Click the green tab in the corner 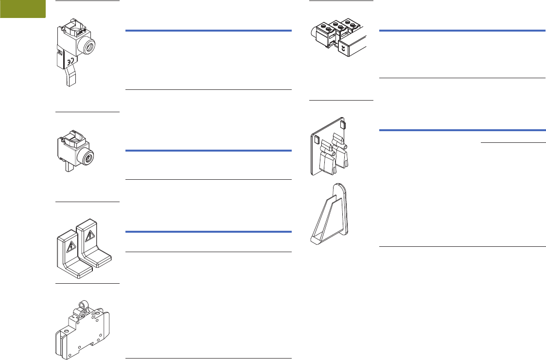(x=22, y=9)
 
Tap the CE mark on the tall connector (x=71, y=62)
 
